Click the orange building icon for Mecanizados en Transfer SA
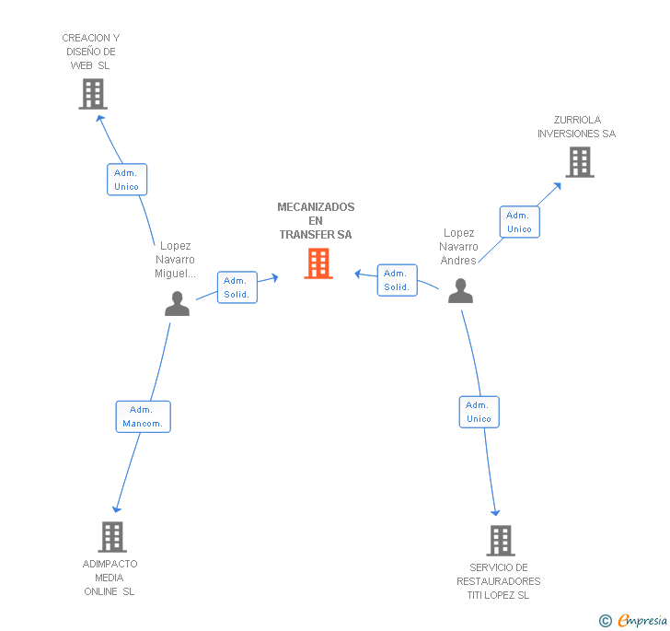coord(318,263)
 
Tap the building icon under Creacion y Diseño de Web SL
coord(92,94)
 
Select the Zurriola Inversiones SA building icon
coord(579,162)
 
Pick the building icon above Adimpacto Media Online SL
coord(111,536)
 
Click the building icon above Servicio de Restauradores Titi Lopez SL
coord(500,541)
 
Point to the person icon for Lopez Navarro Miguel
coord(177,304)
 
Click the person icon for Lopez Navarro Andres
coord(460,292)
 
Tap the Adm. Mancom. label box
coord(144,416)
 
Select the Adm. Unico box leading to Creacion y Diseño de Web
coord(126,180)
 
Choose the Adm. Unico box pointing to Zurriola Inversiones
coord(519,222)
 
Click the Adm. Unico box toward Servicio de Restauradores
coord(479,412)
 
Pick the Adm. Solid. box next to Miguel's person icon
coord(237,287)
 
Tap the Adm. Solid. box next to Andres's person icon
coord(397,280)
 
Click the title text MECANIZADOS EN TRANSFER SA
coord(316,221)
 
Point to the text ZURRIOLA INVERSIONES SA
coord(576,127)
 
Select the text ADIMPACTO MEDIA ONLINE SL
coord(110,578)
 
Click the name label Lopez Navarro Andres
coord(458,247)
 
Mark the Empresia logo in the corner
coord(642,620)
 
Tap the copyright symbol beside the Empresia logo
coord(605,621)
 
